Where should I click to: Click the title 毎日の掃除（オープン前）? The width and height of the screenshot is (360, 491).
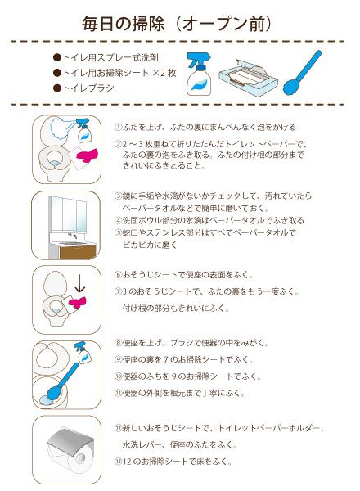click(180, 22)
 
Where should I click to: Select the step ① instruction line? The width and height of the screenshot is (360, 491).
click(205, 128)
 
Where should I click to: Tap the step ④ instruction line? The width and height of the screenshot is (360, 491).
click(209, 221)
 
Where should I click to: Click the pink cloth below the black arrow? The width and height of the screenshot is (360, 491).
click(79, 305)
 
